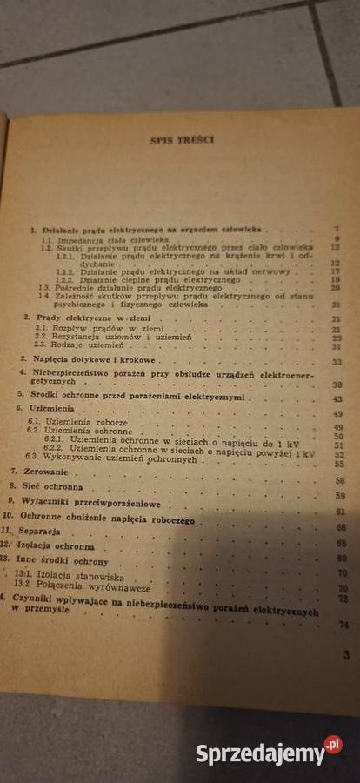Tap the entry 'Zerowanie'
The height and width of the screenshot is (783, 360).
pyautogui.click(x=39, y=470)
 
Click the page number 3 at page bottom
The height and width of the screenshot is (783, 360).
pyautogui.click(x=346, y=654)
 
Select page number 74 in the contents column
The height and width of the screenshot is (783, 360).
pyautogui.click(x=343, y=625)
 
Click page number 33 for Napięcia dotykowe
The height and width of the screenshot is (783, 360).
pyautogui.click(x=337, y=361)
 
